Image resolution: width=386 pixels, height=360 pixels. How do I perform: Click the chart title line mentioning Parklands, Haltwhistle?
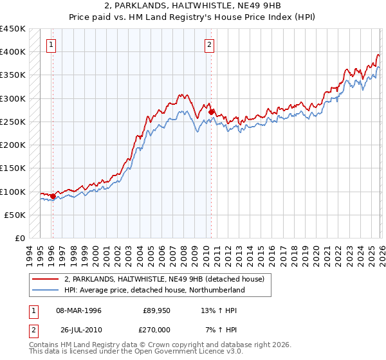coord(192,6)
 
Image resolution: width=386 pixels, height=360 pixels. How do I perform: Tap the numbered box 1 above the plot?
coord(51,45)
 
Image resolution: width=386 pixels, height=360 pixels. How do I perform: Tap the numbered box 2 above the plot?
coord(210,45)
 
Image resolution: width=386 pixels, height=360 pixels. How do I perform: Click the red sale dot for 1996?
coord(53,196)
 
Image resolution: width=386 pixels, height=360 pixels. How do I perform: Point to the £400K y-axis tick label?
coord(12,52)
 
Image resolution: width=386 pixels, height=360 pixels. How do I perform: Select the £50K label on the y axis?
coord(15,215)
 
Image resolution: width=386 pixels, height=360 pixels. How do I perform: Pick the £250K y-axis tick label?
coord(12,122)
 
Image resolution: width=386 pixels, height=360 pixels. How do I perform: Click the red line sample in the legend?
coord(46,279)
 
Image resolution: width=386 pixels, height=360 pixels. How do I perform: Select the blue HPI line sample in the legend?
coord(46,291)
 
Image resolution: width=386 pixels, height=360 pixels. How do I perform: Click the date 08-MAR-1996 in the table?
coord(79,311)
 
